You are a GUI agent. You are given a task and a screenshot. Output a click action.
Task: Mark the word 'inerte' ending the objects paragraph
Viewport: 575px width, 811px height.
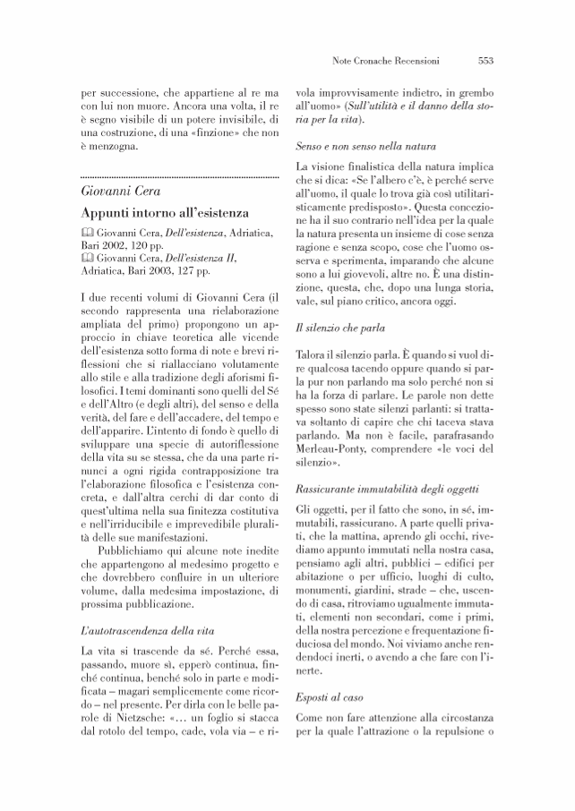point(313,669)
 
